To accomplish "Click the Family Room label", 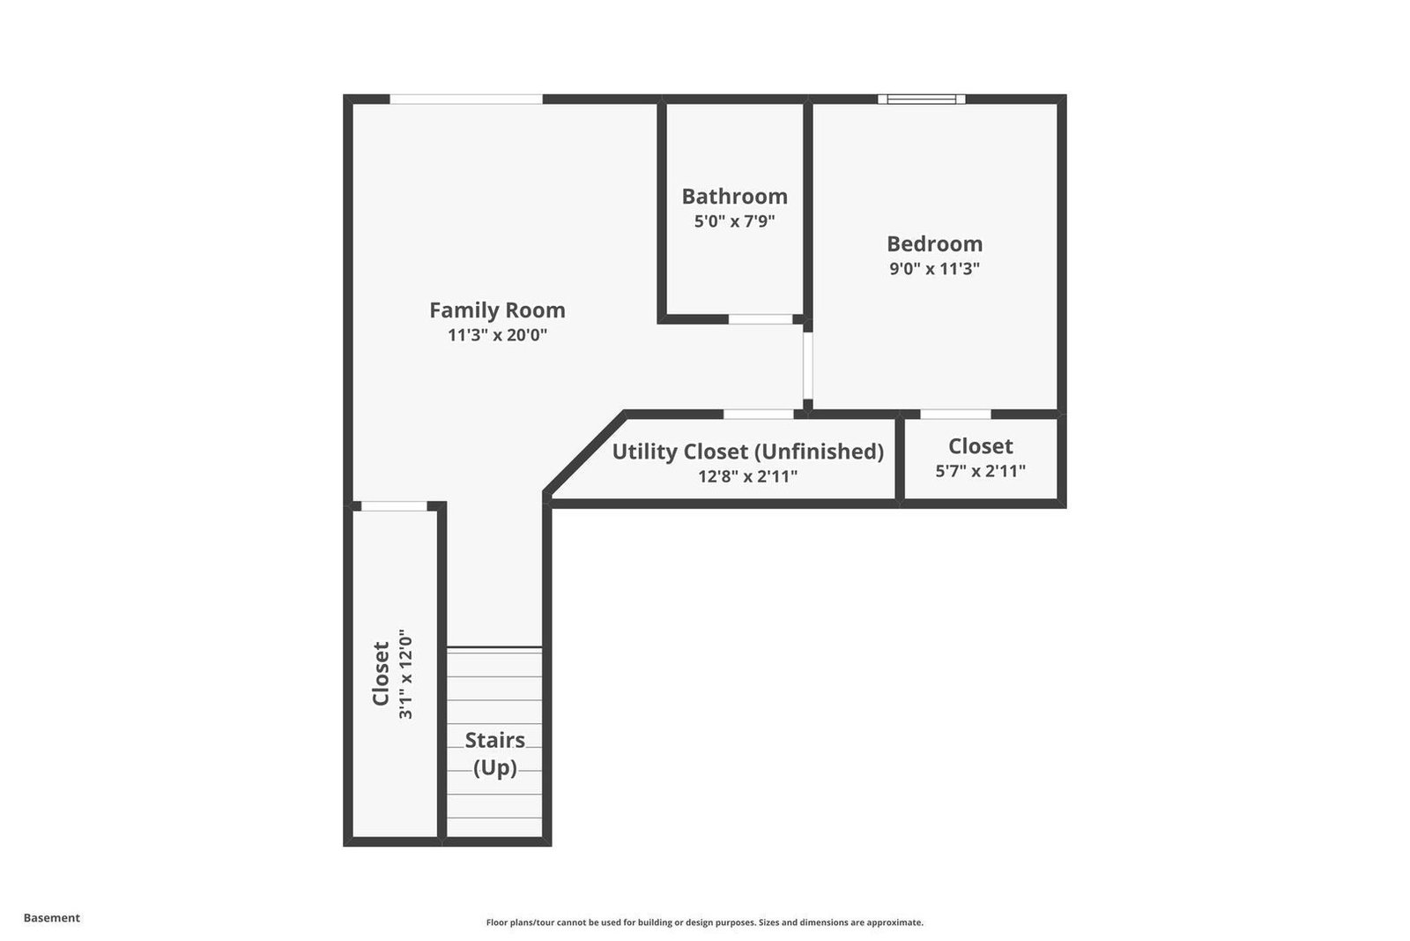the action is click(x=497, y=310).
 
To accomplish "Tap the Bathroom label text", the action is click(x=735, y=197).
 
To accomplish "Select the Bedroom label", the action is click(x=934, y=243).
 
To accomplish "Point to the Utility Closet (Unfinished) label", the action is click(x=748, y=452).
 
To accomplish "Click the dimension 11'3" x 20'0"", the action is click(x=497, y=335).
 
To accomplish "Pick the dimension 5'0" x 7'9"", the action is click(x=735, y=221).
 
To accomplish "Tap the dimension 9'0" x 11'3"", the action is click(x=934, y=269).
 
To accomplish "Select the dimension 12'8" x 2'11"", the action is click(x=748, y=476).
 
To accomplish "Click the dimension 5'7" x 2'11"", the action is click(x=980, y=471).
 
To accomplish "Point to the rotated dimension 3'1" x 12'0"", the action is click(x=406, y=673).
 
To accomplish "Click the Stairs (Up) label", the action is click(x=494, y=754).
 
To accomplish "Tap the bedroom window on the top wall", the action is click(x=922, y=99).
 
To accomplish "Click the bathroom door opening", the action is click(x=761, y=319).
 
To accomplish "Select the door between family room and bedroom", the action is click(x=807, y=365).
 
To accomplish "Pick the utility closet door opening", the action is click(x=759, y=414).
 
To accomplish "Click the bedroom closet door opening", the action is click(x=955, y=414).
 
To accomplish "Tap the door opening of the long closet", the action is click(x=394, y=506).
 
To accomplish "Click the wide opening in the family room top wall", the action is click(x=466, y=99).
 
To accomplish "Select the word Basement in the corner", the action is click(x=52, y=918).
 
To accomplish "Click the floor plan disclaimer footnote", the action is click(x=704, y=922).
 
